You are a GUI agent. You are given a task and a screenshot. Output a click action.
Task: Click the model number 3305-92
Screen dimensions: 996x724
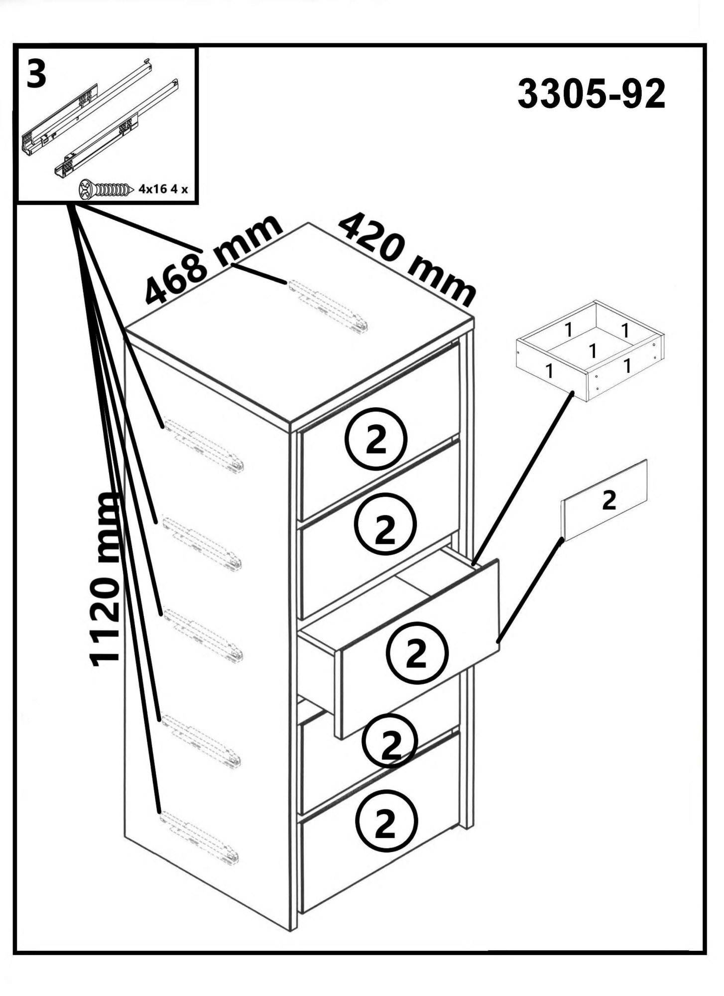[591, 94]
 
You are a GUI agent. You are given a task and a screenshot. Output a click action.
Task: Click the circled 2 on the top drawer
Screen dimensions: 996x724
[376, 439]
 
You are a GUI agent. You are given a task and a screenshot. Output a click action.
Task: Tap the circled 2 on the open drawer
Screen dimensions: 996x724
[418, 653]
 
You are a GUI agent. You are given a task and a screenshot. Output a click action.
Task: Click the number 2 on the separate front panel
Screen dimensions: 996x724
[608, 500]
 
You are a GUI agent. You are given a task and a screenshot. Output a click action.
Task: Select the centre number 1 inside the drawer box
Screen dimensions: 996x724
[592, 351]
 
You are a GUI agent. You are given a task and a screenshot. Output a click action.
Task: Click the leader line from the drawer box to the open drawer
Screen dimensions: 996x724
[523, 478]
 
